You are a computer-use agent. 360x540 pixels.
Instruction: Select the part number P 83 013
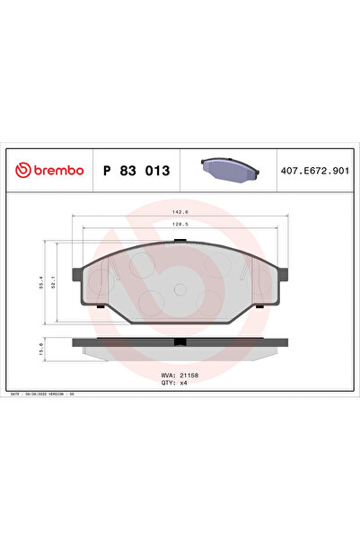coord(136,170)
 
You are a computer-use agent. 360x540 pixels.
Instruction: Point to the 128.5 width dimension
coord(180,226)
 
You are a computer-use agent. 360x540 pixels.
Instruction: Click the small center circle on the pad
coord(180,289)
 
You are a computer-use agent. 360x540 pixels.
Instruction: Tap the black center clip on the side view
coord(180,341)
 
